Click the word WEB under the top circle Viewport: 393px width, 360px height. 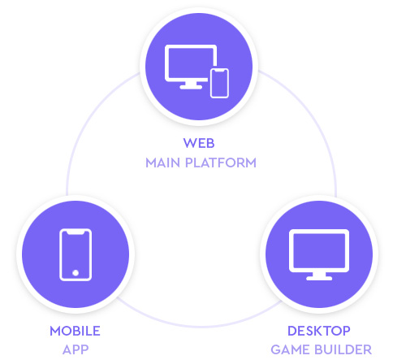[x=199, y=143]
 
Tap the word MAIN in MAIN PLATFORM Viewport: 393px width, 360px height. [x=162, y=163]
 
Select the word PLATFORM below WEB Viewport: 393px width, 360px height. [x=221, y=163]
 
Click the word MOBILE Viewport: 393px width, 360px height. [x=75, y=331]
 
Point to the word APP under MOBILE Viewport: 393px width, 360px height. [x=76, y=349]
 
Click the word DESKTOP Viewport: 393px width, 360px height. [x=319, y=331]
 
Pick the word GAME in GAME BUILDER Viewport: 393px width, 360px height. [x=290, y=349]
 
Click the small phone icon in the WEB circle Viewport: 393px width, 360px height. [x=219, y=83]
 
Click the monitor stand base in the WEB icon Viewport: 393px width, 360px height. [x=191, y=87]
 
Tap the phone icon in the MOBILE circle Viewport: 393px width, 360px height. [x=76, y=254]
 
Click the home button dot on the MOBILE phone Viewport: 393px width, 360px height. [x=76, y=273]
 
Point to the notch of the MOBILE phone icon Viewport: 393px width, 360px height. [x=76, y=232]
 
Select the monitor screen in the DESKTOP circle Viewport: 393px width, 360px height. [x=319, y=250]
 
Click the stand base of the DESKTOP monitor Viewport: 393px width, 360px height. [x=319, y=278]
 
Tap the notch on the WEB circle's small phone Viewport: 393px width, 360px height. [x=219, y=71]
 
